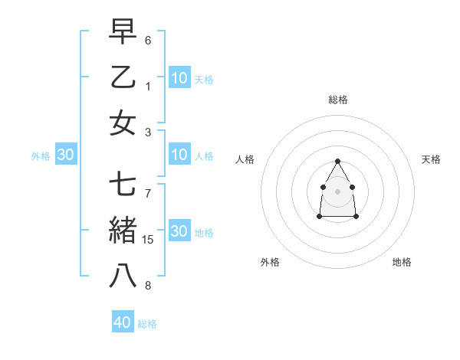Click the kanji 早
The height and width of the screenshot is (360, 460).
coord(123,33)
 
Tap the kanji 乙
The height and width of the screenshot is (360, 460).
coord(123,78)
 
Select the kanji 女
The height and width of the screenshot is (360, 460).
coord(123,123)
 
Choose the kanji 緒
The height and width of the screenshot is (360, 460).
coord(123,231)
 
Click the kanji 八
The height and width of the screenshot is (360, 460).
coord(123,276)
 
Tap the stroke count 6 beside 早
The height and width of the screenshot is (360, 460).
coord(148,40)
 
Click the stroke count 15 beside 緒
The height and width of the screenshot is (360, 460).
coord(149,240)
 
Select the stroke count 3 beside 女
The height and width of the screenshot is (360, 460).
coord(148,131)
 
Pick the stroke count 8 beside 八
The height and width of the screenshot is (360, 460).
coord(148,286)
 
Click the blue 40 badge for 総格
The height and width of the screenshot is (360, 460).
coord(123,322)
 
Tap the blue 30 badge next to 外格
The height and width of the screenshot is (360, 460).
coord(66,155)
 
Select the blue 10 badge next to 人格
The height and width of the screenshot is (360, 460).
coord(179,155)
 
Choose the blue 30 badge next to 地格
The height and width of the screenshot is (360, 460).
coord(179,231)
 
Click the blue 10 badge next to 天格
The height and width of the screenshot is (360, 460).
coord(179,78)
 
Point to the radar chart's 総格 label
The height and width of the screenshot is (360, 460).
coord(338,100)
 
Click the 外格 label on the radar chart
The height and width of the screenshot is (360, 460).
coord(270,262)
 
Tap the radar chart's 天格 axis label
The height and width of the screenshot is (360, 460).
coord(431,159)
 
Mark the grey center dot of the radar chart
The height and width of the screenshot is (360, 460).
coord(337,191)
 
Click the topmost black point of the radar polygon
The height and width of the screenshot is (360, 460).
coord(337,161)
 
